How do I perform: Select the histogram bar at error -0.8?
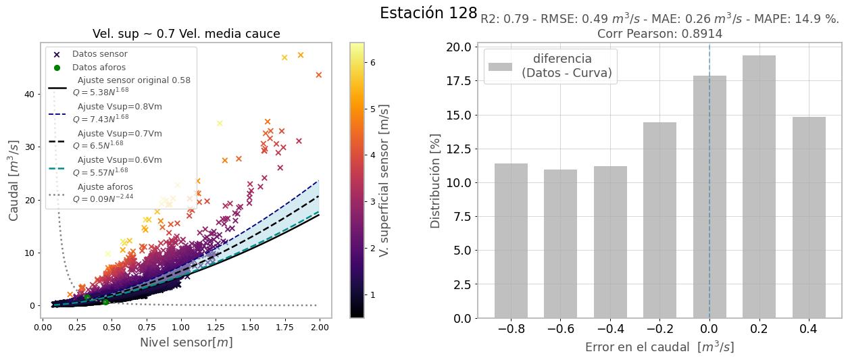click(x=511, y=240)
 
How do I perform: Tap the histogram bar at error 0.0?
click(x=709, y=197)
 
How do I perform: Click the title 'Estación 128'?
click(x=428, y=14)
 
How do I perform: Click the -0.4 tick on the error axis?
click(x=610, y=329)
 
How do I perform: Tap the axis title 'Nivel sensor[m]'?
click(x=186, y=342)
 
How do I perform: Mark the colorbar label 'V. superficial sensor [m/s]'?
click(x=384, y=180)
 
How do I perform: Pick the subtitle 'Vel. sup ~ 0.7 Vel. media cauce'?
click(x=186, y=34)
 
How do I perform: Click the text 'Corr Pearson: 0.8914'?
click(x=659, y=34)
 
